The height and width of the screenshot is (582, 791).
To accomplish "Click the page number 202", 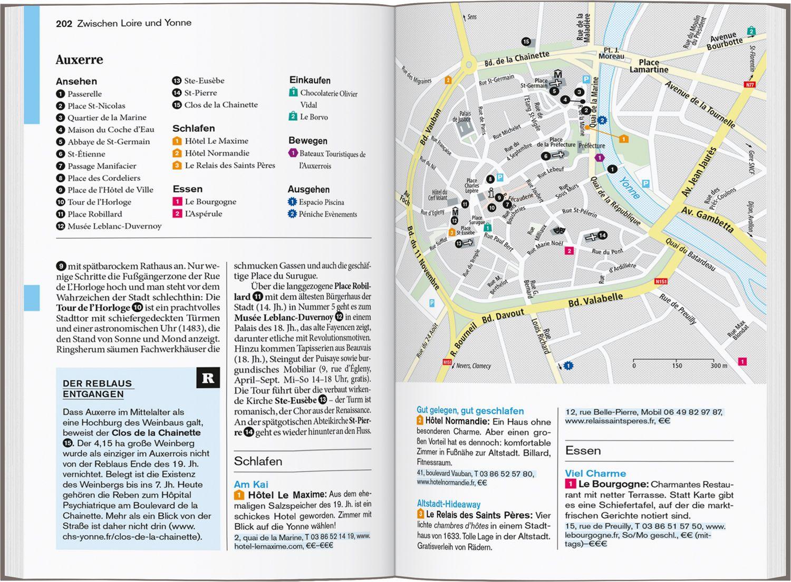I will [64, 23].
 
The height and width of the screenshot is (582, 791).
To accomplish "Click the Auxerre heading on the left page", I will [79, 60].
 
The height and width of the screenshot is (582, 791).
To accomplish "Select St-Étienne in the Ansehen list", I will [86, 154].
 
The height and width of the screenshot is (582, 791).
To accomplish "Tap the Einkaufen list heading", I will [310, 80].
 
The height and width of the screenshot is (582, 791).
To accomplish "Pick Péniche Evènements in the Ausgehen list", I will [327, 214].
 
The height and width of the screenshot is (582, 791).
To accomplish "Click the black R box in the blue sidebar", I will [208, 378].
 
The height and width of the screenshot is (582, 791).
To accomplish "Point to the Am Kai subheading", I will [251, 484].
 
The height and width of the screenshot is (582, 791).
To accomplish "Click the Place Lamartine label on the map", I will [649, 66].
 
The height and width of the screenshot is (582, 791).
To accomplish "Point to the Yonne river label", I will [629, 188].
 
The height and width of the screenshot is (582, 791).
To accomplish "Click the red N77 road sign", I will [750, 84].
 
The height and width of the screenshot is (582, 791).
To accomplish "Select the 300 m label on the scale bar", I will [718, 366].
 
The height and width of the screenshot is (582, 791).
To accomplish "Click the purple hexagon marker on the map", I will [599, 157].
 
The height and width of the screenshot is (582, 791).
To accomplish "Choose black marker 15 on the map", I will [526, 42].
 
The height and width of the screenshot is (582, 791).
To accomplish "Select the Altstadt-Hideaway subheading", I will [448, 504].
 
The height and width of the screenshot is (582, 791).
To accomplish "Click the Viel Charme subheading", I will [595, 474].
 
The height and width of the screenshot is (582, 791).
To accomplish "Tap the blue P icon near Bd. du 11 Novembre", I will [432, 303].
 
